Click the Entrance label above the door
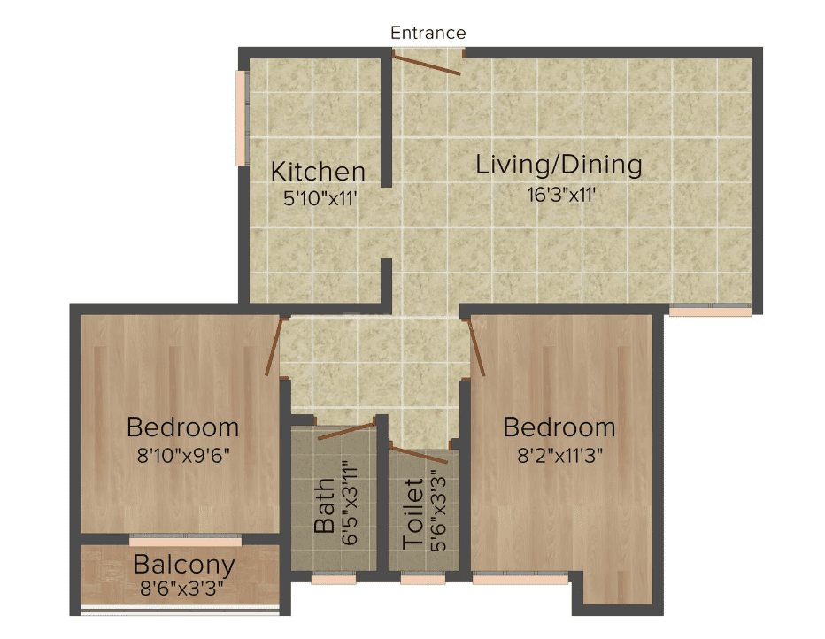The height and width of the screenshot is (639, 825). click(x=428, y=33)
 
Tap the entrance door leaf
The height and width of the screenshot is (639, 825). click(x=427, y=63)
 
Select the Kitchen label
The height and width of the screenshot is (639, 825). click(x=318, y=172)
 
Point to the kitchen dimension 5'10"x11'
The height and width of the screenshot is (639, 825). click(x=320, y=198)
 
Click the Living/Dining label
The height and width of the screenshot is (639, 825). click(x=559, y=165)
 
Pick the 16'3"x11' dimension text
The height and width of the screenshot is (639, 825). click(x=561, y=195)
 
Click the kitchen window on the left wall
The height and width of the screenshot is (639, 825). click(x=242, y=119)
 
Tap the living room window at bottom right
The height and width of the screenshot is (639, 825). click(x=710, y=311)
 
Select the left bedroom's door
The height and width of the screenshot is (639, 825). click(x=274, y=346)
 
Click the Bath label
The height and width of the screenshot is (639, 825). click(x=325, y=504)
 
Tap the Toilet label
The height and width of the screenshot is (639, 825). click(x=413, y=514)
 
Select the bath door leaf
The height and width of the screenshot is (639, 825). click(x=347, y=429)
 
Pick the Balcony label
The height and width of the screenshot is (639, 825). click(x=184, y=566)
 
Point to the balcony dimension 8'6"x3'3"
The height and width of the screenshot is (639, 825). click(x=182, y=589)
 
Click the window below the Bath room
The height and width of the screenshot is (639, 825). click(x=334, y=578)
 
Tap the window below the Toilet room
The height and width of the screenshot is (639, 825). click(x=423, y=578)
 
